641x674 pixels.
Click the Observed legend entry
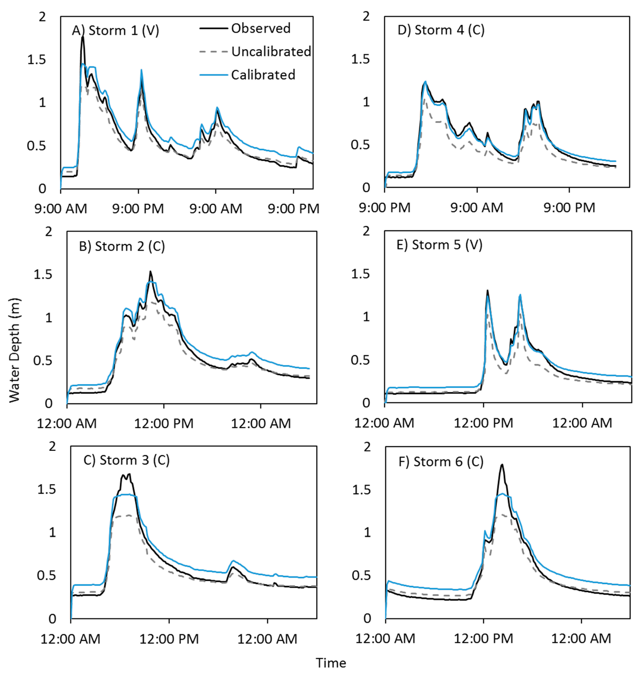(260, 28)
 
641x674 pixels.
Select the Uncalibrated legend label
(271, 52)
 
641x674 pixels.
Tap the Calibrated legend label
(263, 75)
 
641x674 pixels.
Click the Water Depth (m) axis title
(14, 350)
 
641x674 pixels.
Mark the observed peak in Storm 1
(82, 37)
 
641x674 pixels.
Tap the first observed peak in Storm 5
(487, 290)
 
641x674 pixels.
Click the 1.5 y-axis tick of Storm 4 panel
(361, 59)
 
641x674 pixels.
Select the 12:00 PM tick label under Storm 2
(164, 423)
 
